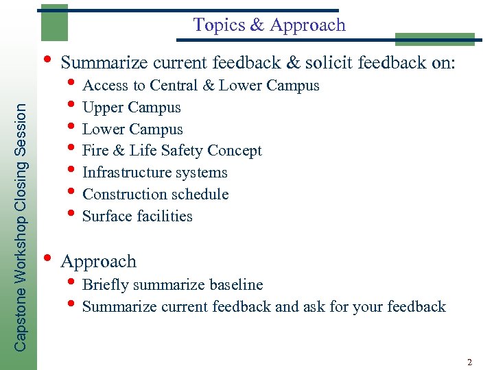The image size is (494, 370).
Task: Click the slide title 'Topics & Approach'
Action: click(x=269, y=25)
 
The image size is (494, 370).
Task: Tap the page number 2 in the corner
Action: click(x=469, y=362)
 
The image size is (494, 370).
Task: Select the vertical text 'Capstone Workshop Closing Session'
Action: click(x=21, y=227)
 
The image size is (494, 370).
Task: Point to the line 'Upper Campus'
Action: click(x=131, y=108)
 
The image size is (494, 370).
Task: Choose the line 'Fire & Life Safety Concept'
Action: click(x=172, y=151)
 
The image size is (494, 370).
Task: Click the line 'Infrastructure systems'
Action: click(x=154, y=173)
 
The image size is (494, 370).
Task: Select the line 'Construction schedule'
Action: click(x=155, y=195)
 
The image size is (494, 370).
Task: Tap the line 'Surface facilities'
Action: click(x=137, y=217)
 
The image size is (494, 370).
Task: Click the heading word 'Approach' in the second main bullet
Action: click(x=99, y=262)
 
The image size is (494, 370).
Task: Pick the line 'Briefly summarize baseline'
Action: click(x=172, y=285)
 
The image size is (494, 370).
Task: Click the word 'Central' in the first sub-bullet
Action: click(x=174, y=86)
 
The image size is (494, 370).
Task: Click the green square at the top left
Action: click(x=54, y=23)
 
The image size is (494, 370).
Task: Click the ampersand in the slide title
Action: click(x=257, y=25)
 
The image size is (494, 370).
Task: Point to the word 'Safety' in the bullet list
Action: click(x=182, y=151)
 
